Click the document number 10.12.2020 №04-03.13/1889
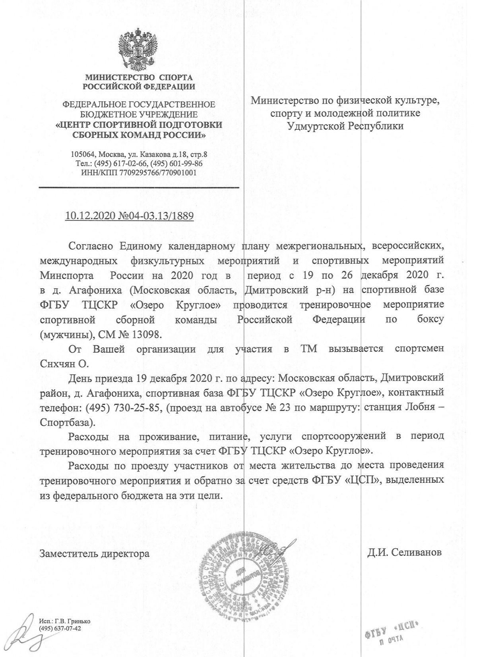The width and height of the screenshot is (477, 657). click(130, 216)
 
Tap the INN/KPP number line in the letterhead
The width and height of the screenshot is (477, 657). click(139, 172)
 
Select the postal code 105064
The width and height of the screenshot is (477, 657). click(83, 154)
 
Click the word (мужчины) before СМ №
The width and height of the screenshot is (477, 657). click(62, 334)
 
